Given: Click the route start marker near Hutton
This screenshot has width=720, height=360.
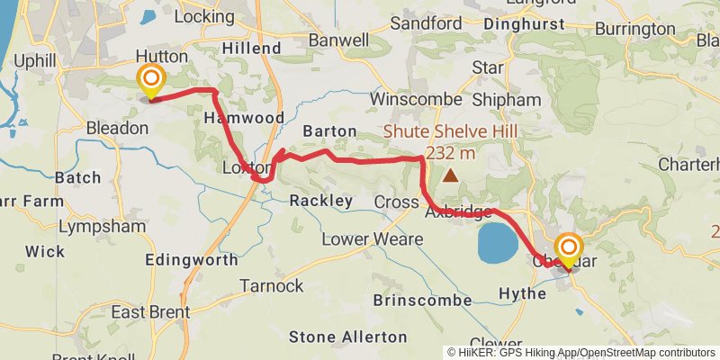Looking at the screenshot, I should (x=149, y=80).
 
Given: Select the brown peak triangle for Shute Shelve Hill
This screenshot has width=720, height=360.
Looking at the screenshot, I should (x=449, y=175).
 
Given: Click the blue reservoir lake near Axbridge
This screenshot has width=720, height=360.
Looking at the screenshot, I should (x=496, y=244).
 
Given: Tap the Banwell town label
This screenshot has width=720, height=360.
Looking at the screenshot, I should (x=338, y=40).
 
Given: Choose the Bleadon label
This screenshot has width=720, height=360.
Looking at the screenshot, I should (x=117, y=129).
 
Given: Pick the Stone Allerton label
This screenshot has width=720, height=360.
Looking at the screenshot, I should (x=347, y=337).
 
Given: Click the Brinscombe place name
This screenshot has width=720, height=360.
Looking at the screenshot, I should (x=422, y=299).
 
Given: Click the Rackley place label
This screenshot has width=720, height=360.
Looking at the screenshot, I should (x=321, y=202).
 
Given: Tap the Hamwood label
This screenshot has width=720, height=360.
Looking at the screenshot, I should (x=244, y=118).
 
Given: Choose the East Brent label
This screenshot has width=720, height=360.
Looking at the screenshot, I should (x=150, y=312).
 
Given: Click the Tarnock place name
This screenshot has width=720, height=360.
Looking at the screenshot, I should (x=272, y=286).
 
